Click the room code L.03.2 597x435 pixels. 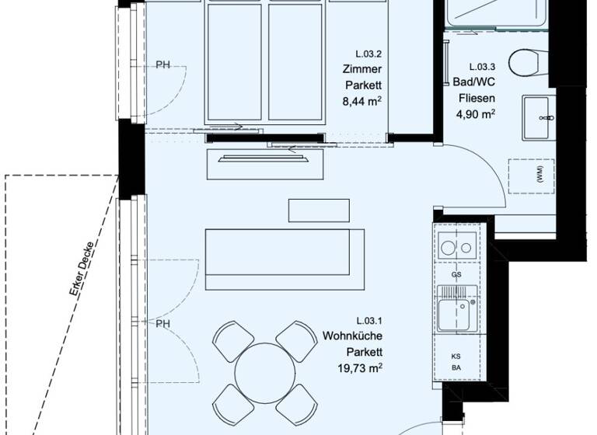tap(369, 54)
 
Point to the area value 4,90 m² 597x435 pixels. tap(475, 114)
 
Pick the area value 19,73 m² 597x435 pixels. tap(358, 367)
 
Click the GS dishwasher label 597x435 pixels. tap(456, 275)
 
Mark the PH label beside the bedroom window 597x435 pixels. tap(162, 64)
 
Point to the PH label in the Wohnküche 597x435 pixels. tap(162, 324)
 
